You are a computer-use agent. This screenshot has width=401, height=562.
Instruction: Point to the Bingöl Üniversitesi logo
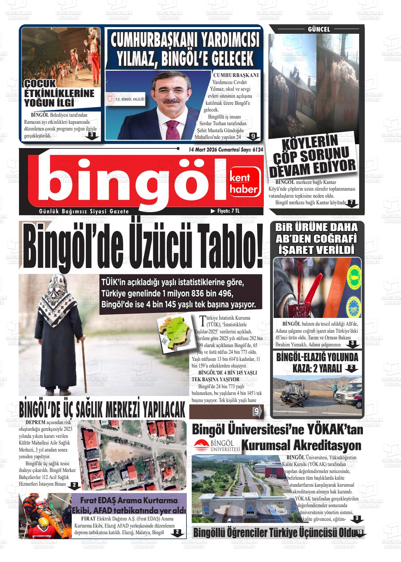[x=217, y=446]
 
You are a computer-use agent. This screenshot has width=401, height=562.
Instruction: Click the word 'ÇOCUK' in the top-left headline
[x=40, y=84]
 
